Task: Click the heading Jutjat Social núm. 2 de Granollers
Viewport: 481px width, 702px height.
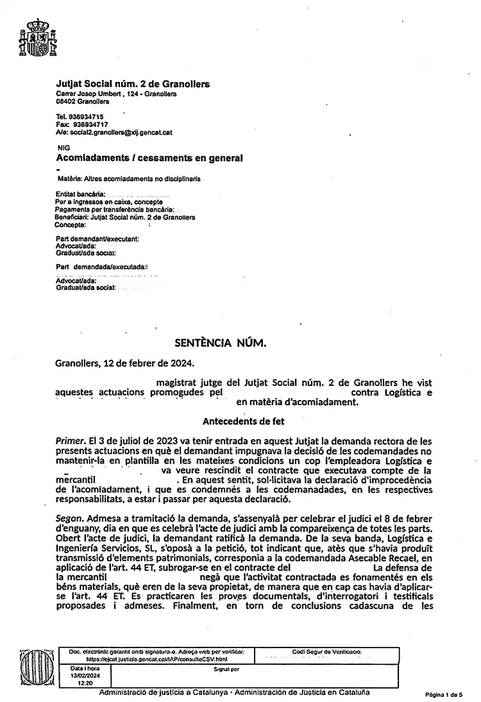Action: pyautogui.click(x=133, y=84)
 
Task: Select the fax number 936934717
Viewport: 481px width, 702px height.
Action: pyautogui.click(x=90, y=124)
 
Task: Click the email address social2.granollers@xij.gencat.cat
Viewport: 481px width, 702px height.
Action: pyautogui.click(x=122, y=132)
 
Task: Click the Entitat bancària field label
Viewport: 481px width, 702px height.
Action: pyautogui.click(x=79, y=193)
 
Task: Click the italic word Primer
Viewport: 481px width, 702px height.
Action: pyautogui.click(x=70, y=441)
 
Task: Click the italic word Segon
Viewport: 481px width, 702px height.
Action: pyautogui.click(x=69, y=518)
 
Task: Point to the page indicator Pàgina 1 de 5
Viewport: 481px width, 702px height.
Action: pyautogui.click(x=443, y=694)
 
